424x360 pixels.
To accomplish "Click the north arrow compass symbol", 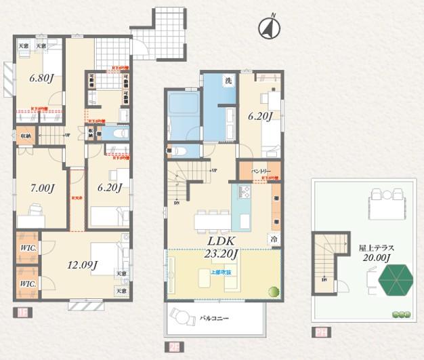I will (270, 28).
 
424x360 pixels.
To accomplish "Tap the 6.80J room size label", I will (41, 77).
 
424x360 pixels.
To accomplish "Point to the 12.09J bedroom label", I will (81, 265).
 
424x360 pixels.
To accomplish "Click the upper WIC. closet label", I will (28, 248).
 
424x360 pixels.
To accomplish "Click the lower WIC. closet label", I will (28, 283).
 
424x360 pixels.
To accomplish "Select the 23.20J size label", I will (221, 254).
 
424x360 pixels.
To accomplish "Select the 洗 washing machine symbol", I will (229, 81).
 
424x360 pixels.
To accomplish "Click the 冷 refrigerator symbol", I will (275, 239).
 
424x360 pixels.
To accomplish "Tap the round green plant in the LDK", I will (274, 292).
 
